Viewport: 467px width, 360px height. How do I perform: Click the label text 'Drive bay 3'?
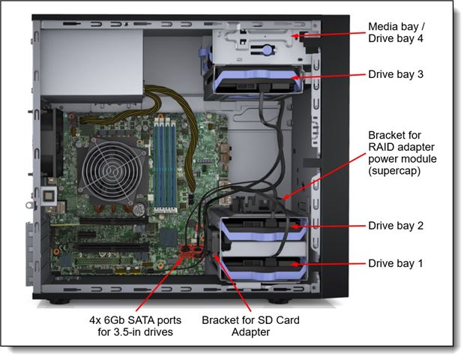click(x=396, y=74)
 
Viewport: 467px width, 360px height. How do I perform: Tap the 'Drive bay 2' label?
click(x=396, y=226)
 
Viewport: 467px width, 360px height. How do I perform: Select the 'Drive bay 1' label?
click(x=396, y=263)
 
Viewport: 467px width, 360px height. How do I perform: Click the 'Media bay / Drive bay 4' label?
click(x=397, y=32)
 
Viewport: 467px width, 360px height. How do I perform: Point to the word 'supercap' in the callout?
click(x=394, y=171)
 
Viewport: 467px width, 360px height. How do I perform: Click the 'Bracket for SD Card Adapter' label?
click(x=250, y=326)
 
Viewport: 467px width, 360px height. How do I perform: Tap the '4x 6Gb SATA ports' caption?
click(x=135, y=320)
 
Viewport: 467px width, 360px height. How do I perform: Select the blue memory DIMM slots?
click(x=165, y=164)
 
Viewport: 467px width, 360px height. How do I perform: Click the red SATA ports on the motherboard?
click(x=192, y=251)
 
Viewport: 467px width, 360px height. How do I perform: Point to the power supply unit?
click(x=91, y=62)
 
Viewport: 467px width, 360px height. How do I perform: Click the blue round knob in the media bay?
click(x=268, y=49)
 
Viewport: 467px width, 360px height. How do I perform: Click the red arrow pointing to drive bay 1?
click(x=328, y=264)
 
